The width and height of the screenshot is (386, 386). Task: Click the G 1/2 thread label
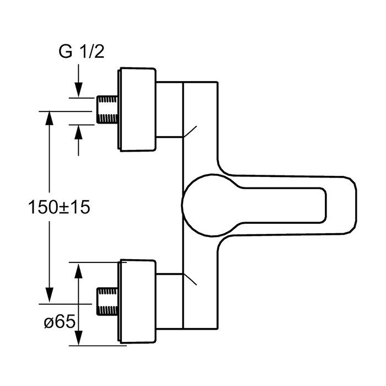point(82,52)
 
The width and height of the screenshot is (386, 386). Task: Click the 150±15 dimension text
point(59,207)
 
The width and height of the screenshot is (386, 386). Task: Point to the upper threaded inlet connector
point(106,109)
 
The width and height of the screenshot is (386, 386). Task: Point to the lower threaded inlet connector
point(106,301)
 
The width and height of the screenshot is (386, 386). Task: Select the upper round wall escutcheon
point(137,109)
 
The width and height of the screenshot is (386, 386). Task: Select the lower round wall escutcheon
point(137,301)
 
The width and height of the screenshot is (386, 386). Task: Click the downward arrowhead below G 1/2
point(78,90)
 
